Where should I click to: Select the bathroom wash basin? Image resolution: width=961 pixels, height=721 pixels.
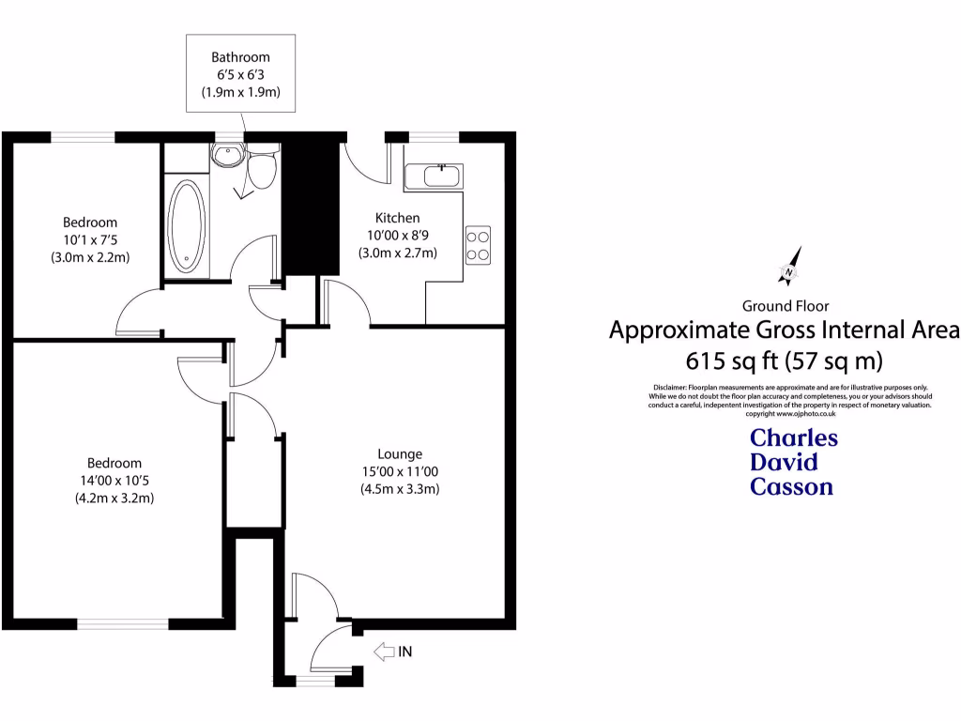227,155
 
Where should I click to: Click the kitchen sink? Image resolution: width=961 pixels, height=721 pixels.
434,176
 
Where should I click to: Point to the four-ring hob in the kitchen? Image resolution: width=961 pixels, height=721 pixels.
478,244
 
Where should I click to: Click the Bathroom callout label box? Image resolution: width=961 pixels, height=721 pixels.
241,74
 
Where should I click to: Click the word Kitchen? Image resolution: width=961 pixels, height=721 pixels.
398,218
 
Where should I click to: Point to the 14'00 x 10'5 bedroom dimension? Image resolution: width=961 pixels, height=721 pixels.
114,481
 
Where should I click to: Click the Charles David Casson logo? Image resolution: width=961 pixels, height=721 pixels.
792,462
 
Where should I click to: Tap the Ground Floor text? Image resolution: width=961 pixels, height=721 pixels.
785,305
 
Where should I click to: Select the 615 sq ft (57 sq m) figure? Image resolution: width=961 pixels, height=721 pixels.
785,360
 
